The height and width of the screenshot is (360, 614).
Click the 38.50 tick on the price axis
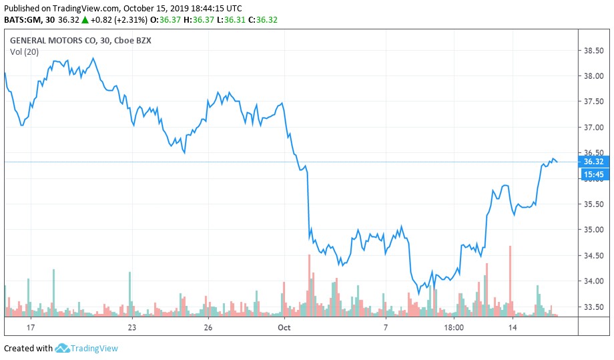point(594,51)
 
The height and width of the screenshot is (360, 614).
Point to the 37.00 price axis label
point(594,127)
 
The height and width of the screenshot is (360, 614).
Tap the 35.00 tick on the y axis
point(594,230)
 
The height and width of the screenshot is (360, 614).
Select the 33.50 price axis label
point(594,307)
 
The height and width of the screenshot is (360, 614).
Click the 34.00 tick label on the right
point(594,281)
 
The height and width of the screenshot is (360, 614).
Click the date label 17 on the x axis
point(30,328)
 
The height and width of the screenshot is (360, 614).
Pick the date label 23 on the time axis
point(132,328)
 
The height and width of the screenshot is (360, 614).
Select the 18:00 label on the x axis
point(454,328)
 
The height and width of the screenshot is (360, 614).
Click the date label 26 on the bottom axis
point(208,328)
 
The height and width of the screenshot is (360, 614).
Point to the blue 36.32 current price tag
point(593,162)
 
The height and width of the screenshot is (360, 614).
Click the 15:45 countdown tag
point(593,175)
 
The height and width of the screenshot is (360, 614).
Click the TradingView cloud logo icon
point(63,348)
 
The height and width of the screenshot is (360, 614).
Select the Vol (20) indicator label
point(23,52)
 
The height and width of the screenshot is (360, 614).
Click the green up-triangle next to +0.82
point(103,20)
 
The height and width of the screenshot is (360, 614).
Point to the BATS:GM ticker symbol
point(23,20)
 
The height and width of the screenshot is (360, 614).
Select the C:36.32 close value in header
point(262,20)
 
